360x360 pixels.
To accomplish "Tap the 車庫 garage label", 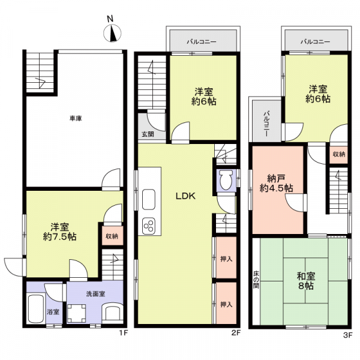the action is (x=76, y=118).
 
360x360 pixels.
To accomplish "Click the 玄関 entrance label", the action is (x=148, y=134).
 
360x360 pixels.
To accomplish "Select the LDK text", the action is (x=185, y=196).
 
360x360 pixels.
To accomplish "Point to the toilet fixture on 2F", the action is (x=226, y=180).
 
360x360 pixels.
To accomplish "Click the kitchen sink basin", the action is (x=149, y=199).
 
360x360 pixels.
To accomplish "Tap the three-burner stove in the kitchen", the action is (x=149, y=226).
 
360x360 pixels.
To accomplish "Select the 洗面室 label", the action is (x=95, y=294).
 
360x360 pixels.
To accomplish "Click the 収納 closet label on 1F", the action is (x=112, y=236).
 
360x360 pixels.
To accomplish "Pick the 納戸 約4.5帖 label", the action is (x=276, y=183).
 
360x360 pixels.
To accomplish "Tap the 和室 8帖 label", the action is (x=306, y=281).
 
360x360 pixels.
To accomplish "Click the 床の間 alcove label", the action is (x=256, y=280).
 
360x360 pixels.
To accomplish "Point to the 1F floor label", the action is (x=124, y=332).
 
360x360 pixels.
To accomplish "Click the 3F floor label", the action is (x=348, y=335).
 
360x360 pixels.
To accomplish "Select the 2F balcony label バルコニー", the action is (x=202, y=42).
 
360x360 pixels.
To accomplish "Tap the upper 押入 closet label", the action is (x=226, y=259).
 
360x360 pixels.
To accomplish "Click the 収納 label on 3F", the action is (x=339, y=154).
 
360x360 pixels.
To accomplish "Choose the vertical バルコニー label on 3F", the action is (x=266, y=124).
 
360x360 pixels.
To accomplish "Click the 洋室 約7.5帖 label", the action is (x=59, y=232).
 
